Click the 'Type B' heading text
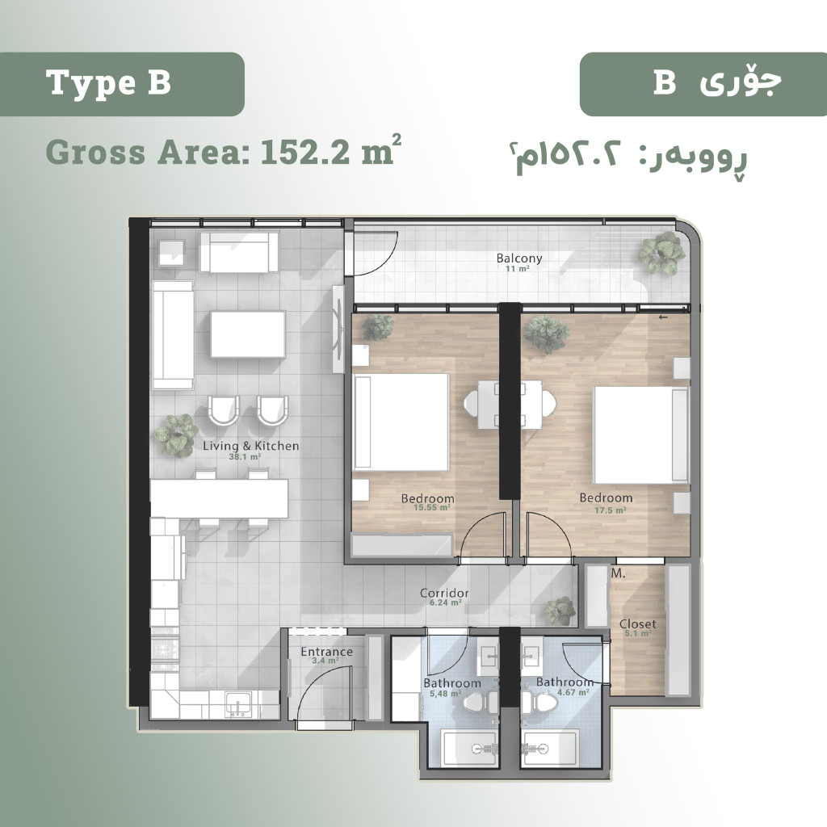(109, 83)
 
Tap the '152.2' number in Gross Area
(304, 153)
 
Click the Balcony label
(519, 258)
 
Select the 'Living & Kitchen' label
(251, 446)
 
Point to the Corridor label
(444, 593)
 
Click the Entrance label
(326, 652)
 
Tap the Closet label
(638, 624)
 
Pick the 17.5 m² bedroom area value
(611, 510)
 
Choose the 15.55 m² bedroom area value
(432, 507)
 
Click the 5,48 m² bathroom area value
(446, 694)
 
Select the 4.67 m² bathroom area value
(573, 692)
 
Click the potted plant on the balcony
(661, 253)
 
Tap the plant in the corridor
(560, 611)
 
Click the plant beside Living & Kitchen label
(176, 434)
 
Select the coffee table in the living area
(248, 334)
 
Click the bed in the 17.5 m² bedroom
(641, 435)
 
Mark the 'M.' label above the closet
(618, 573)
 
